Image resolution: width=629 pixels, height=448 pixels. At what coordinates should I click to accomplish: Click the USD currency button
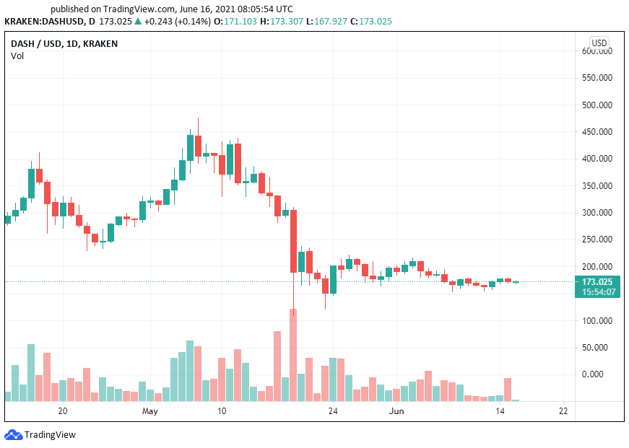[x=599, y=43]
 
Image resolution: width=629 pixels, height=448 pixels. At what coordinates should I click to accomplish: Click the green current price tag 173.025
[x=597, y=281]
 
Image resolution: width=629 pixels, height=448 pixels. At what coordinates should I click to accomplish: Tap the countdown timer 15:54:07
[x=597, y=291]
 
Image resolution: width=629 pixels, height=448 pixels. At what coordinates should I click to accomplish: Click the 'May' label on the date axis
[x=149, y=411]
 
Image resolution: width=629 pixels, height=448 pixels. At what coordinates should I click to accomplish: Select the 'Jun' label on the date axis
[x=396, y=411]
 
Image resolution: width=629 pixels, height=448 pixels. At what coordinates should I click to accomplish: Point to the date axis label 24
[x=333, y=411]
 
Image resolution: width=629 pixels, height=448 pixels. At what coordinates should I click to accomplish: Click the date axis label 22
[x=563, y=411]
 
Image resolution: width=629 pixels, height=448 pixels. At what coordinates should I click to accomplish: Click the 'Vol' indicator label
[x=17, y=56]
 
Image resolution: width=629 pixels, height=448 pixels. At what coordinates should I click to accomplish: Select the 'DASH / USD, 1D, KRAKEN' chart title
[x=64, y=44]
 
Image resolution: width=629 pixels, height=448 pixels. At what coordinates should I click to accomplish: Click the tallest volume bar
[x=293, y=354]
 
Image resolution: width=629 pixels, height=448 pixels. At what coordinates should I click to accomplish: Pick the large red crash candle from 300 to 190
[x=293, y=241]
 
